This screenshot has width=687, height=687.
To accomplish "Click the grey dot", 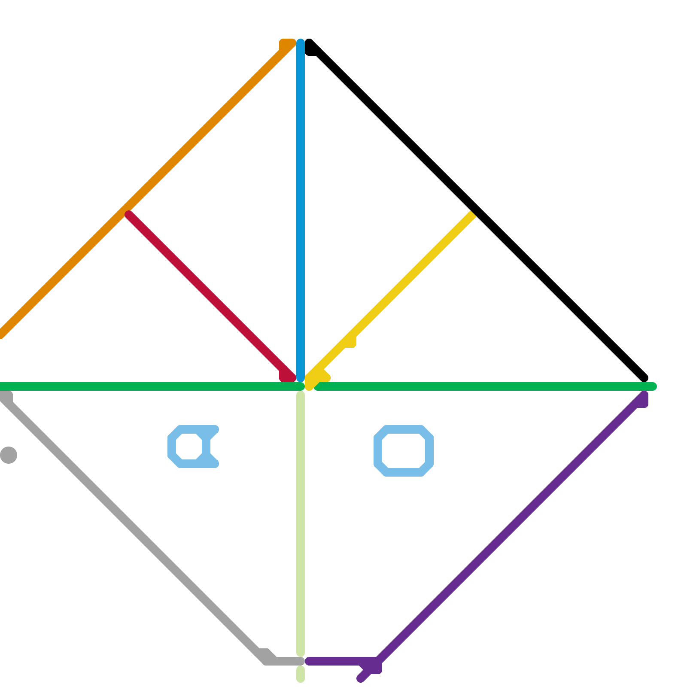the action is [9, 455].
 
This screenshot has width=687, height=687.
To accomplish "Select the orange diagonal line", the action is [172, 163].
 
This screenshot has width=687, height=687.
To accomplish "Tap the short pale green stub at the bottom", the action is [301, 674].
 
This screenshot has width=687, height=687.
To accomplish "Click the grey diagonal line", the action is [129, 524].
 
